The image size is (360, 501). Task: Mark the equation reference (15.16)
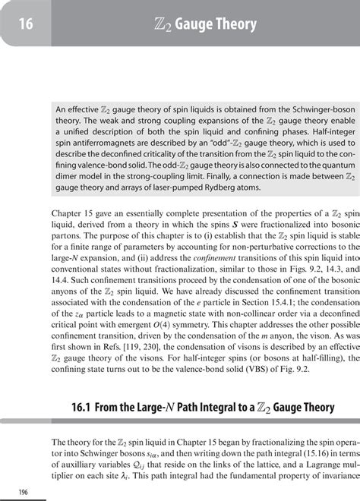coord(284,450)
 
